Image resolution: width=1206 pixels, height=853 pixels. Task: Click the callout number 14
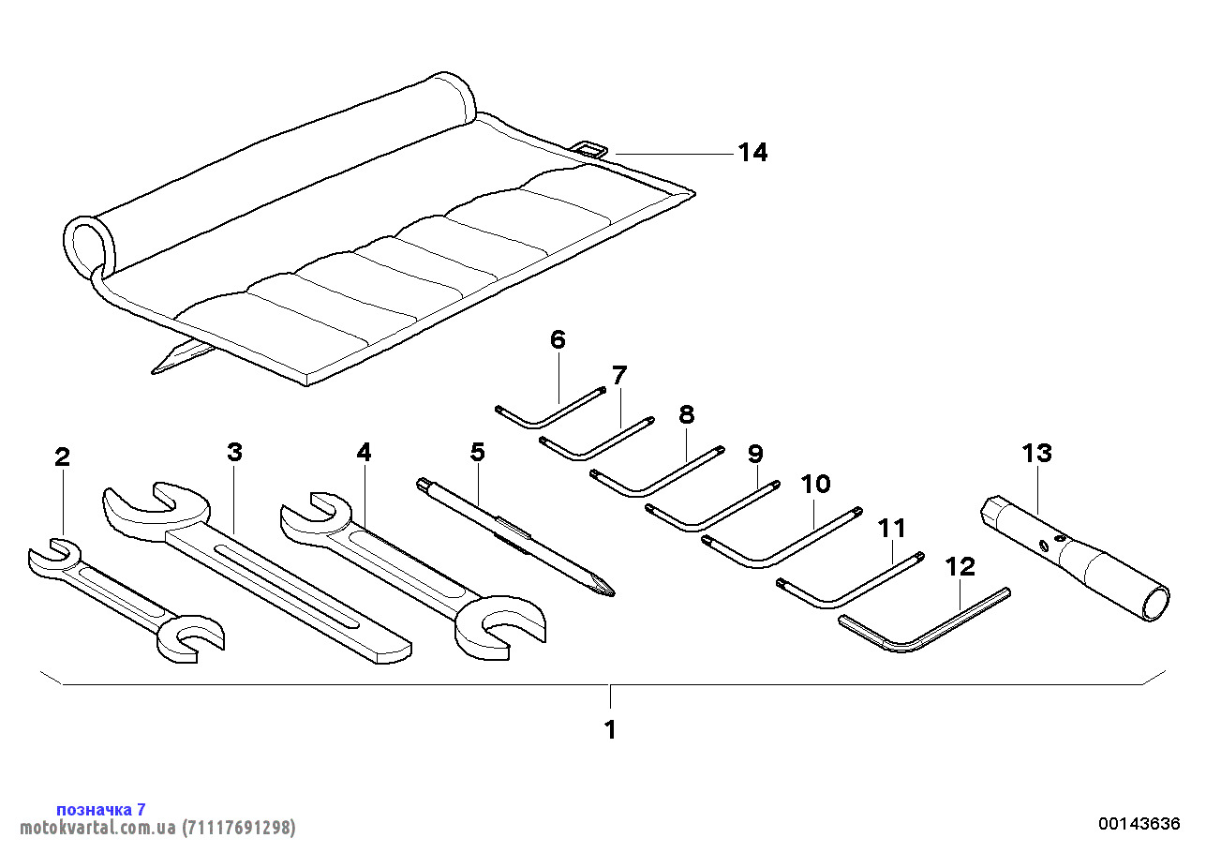[x=752, y=153]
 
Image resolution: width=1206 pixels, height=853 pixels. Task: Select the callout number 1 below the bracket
[x=610, y=729]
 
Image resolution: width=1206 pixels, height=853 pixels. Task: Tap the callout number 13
[x=1036, y=454]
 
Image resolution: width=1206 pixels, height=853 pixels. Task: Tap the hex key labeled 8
[x=656, y=473]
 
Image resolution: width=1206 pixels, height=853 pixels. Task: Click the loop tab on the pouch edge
[x=591, y=148]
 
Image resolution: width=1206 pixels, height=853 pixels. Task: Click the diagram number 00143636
[x=1139, y=824]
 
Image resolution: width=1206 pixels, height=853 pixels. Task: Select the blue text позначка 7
[x=101, y=809]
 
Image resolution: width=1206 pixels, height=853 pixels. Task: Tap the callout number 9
[x=755, y=455]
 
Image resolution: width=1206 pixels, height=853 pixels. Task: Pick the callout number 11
[x=892, y=528]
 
